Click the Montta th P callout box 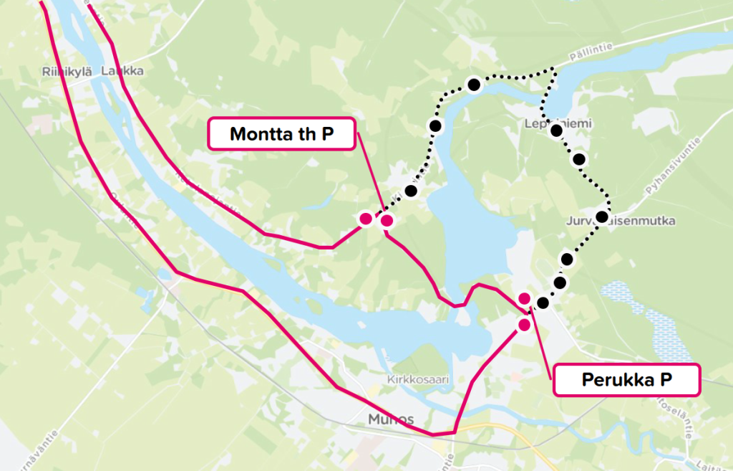281,134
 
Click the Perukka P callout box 626,380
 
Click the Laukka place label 122,72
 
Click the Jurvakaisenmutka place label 620,220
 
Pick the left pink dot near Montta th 366,219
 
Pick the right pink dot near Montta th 387,221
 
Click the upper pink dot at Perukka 524,298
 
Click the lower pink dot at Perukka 524,325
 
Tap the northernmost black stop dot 473,85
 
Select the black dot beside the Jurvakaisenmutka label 601,217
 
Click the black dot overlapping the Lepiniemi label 555,130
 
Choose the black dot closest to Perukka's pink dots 543,303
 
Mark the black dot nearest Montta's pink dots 410,191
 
